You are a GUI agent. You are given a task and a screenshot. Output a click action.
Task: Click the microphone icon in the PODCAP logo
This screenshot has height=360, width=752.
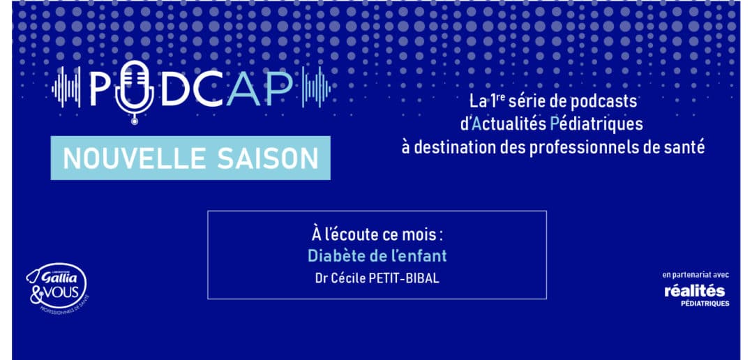tap(134, 92)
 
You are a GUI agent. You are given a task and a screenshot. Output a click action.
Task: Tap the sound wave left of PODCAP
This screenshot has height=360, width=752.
tap(66, 87)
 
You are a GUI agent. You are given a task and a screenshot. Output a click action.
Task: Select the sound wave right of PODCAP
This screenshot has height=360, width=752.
tap(316, 87)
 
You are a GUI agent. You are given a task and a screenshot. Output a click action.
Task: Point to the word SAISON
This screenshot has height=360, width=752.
tap(268, 158)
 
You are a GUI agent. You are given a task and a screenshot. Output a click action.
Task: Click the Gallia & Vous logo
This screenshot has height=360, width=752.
tap(57, 289)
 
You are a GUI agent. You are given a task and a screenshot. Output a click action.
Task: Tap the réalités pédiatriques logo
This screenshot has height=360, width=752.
tap(696, 295)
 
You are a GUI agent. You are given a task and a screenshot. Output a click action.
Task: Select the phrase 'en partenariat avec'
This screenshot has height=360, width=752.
tap(695, 275)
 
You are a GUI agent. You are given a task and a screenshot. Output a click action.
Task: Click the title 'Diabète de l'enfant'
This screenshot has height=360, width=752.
tap(377, 256)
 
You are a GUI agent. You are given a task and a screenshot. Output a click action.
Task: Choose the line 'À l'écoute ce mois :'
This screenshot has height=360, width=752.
tap(377, 236)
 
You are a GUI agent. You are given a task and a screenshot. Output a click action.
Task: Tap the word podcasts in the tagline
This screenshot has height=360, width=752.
tap(594, 102)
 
